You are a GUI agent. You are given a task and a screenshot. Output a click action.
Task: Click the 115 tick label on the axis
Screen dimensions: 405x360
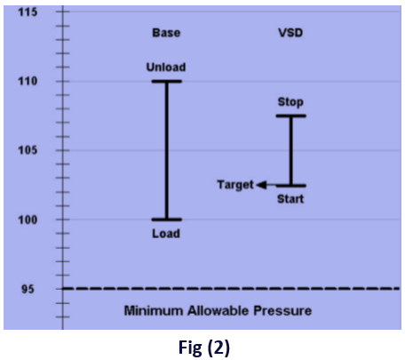[x=28, y=12]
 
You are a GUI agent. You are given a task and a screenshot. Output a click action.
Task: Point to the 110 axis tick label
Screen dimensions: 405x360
[x=28, y=81]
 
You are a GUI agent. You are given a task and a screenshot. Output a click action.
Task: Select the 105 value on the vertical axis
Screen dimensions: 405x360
[x=28, y=150]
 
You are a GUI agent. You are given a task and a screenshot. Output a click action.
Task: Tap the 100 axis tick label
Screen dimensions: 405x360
[x=28, y=220]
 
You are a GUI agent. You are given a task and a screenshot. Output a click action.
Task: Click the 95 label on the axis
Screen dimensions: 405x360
[x=28, y=289]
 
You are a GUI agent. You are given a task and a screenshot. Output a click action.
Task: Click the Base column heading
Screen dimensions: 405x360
[x=166, y=33]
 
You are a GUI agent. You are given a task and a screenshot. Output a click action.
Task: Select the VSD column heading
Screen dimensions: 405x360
[x=290, y=33]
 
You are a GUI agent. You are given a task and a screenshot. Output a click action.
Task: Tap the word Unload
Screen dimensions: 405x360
[x=166, y=68]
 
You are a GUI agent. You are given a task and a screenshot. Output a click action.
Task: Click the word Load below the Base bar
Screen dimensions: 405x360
[x=166, y=234]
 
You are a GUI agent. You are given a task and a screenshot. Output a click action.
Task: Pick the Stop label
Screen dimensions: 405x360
[x=290, y=102]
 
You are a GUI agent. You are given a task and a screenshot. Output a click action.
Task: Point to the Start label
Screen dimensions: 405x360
[x=290, y=199]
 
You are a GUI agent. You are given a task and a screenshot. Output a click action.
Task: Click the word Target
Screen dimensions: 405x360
[x=235, y=185]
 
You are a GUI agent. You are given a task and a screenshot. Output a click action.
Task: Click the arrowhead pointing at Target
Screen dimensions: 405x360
[x=261, y=185]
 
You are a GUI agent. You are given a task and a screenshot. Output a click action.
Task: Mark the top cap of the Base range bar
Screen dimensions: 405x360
[x=167, y=81]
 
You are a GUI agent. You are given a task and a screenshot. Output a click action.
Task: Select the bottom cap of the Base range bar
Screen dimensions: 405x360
[x=167, y=220]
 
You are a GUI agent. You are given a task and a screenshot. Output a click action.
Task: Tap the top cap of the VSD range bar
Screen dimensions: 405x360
[x=291, y=116]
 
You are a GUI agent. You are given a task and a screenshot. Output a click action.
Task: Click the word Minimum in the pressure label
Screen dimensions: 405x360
[x=154, y=311]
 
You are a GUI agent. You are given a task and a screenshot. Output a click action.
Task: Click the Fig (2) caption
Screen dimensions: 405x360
[x=204, y=348]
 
